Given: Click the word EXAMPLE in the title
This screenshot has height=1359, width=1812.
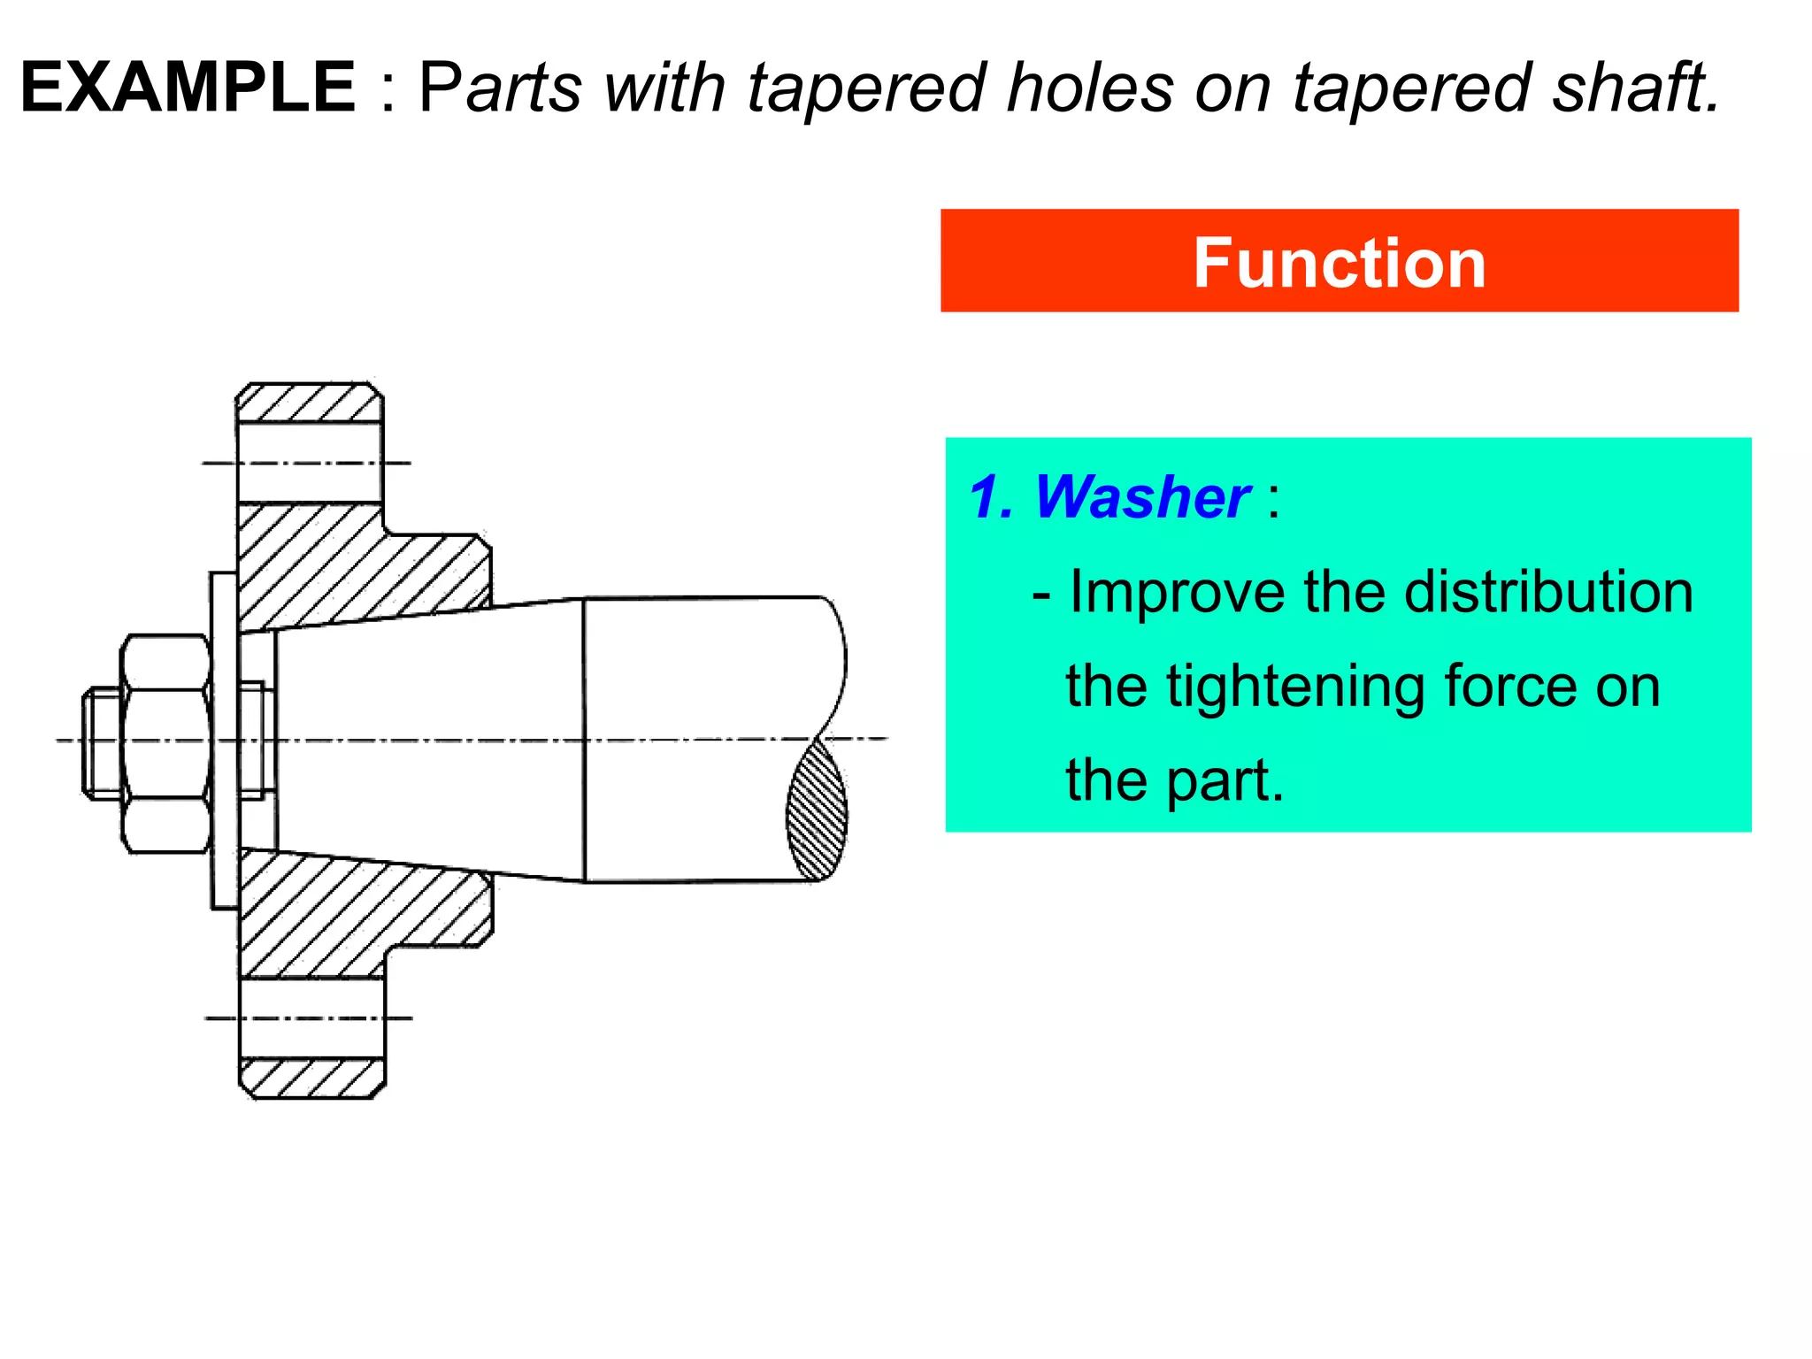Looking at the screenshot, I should [x=188, y=88].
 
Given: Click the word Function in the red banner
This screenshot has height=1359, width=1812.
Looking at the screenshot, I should [x=1339, y=263].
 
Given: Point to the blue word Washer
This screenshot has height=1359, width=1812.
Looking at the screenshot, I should [x=1141, y=497].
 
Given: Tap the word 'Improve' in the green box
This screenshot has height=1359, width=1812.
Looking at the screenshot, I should [x=1177, y=592].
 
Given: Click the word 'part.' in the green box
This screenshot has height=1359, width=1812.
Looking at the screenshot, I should [x=1225, y=780].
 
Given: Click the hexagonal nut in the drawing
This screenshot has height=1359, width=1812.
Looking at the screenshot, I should [x=166, y=743].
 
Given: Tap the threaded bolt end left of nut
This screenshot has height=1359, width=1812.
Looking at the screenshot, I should [x=101, y=743].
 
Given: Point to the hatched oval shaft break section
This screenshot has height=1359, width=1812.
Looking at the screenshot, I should [x=817, y=810].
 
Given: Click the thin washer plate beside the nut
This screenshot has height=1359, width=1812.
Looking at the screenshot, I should [x=224, y=740].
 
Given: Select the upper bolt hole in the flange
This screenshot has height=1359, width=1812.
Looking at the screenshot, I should [x=310, y=463].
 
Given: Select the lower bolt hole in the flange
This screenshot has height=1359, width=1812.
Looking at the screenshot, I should [x=311, y=1017].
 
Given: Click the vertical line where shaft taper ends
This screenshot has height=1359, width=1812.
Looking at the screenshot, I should [x=584, y=740].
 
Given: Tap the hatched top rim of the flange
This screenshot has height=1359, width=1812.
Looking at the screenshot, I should [x=309, y=403].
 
